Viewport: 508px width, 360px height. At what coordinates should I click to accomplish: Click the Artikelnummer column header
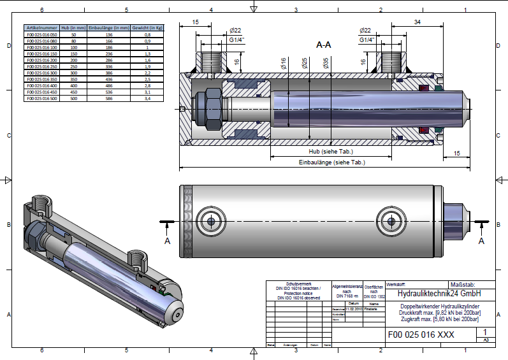tap(41, 28)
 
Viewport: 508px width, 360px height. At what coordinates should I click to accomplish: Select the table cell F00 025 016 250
tap(41, 66)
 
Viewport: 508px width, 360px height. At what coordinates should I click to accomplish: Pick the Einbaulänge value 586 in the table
tap(109, 98)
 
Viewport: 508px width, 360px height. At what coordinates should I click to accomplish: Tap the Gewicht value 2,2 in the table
tap(147, 73)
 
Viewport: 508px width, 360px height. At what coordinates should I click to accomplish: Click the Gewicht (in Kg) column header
tap(147, 28)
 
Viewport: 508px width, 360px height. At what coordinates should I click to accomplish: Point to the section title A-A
tap(324, 45)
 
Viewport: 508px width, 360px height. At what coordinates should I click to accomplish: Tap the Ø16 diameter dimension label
tap(283, 63)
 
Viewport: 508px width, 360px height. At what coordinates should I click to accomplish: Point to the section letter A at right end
tap(481, 241)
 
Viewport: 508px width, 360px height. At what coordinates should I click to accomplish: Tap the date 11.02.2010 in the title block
tap(353, 309)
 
